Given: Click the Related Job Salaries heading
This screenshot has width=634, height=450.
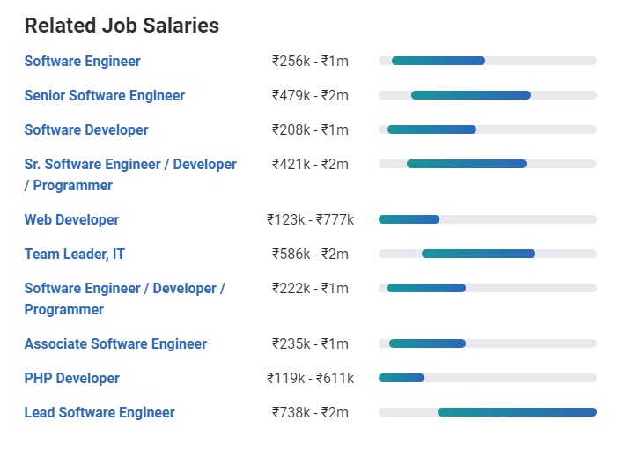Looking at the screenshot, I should tap(122, 26).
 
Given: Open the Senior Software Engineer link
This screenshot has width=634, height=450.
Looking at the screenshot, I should tap(105, 95).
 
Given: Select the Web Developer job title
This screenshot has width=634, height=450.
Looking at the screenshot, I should tap(71, 219).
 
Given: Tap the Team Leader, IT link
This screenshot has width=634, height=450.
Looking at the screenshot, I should tap(75, 254).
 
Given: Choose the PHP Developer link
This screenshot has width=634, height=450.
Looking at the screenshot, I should tap(72, 378).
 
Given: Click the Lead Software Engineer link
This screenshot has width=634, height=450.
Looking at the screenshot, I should tap(100, 412).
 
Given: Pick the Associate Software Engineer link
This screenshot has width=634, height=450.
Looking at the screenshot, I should tap(115, 343).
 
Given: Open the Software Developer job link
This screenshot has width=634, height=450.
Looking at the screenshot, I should tap(86, 129).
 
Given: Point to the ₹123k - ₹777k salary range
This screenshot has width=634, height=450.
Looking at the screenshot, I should tap(310, 219).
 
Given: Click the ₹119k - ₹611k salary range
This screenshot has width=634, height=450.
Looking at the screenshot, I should tap(310, 378).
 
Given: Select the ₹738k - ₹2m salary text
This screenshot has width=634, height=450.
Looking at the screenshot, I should tap(310, 412).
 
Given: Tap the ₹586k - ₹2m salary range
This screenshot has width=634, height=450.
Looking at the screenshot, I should tap(310, 254).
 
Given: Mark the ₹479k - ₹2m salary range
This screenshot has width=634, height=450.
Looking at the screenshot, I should tap(310, 95).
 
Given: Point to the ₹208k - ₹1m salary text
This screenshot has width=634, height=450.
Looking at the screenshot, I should tap(310, 129).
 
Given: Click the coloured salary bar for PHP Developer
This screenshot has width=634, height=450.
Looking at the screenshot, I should tap(402, 378).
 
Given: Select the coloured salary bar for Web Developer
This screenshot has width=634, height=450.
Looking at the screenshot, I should tap(409, 219).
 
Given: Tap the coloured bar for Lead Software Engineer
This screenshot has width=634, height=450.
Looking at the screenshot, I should tap(517, 412).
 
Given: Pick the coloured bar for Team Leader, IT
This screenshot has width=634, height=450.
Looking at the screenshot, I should tap(478, 254).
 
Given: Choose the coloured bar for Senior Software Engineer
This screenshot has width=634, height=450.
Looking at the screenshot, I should tap(471, 95).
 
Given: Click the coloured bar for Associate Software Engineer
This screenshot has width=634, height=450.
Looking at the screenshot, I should tap(427, 343).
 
